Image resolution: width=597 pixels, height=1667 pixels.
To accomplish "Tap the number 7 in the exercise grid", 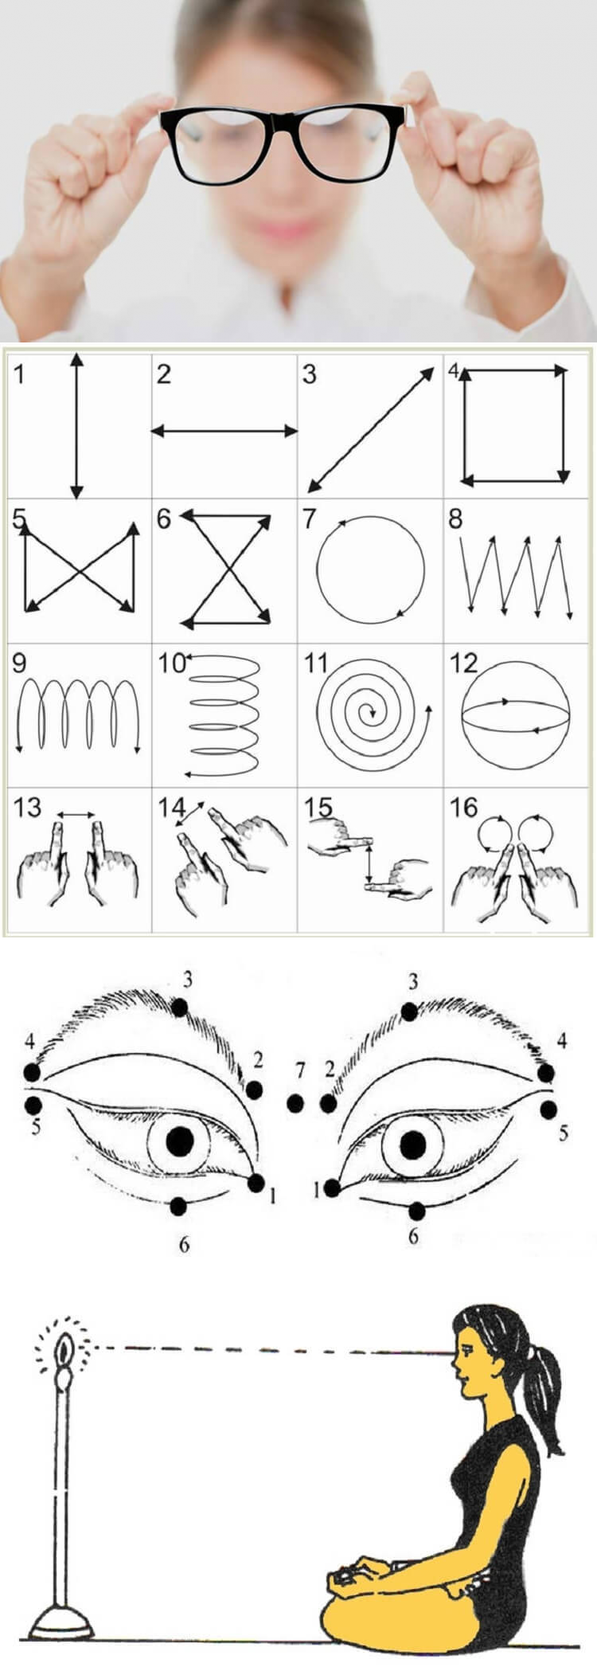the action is coord(309,519).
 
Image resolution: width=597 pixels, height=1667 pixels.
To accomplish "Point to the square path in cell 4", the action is coord(462,425).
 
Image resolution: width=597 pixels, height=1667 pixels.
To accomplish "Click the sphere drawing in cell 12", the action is coord(517,713).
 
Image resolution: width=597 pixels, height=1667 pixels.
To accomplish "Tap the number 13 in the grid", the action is coord(27,808).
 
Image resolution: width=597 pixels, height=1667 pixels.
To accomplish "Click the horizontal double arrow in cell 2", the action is coord(224,431).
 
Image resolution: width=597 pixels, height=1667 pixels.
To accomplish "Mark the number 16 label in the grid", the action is coord(463,808).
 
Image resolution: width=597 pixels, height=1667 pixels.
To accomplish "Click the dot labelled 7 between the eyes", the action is coord(295,1103).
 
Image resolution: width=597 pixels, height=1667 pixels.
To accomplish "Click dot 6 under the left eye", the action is coord(178,1206).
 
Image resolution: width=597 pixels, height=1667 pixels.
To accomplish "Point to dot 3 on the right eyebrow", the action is coord(409,1012).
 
